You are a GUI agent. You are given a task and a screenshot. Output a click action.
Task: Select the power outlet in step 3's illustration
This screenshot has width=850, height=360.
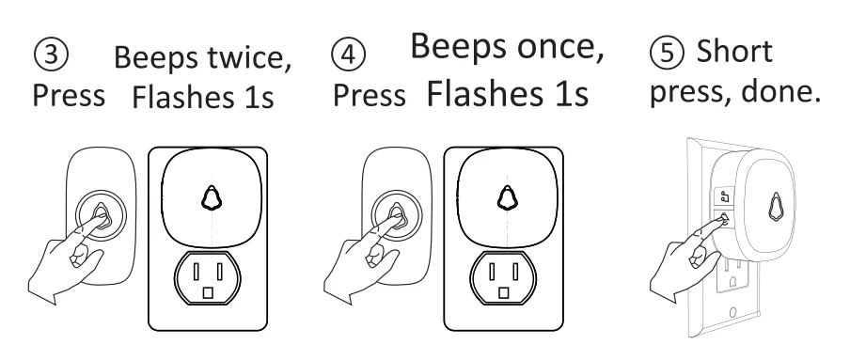click(212, 282)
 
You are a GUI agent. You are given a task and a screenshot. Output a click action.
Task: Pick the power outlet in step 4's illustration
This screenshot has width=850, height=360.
click(511, 282)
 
